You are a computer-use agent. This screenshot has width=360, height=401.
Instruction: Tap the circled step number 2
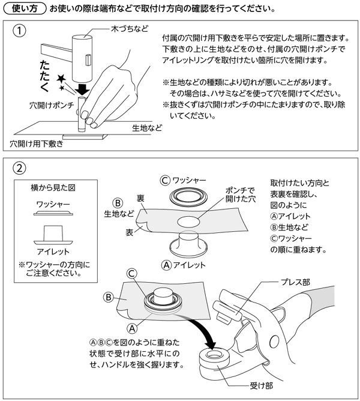click(21, 169)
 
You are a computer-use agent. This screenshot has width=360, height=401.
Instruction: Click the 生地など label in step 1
click(148, 128)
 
